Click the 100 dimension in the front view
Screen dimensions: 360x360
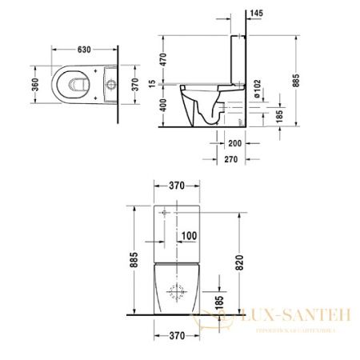[187, 235]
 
